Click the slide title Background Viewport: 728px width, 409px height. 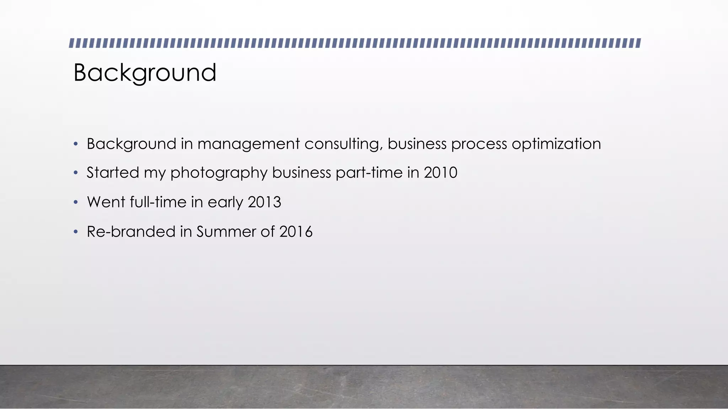tap(145, 73)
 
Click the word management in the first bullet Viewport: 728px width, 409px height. tap(248, 144)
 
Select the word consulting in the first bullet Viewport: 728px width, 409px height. tap(343, 144)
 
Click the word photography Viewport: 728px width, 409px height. tap(219, 173)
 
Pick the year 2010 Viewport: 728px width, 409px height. tap(440, 173)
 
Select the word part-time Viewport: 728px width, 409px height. tap(369, 173)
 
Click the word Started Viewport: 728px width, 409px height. tap(113, 173)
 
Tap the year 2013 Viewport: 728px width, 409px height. tap(264, 202)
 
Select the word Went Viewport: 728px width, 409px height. tap(106, 202)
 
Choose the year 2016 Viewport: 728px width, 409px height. tap(296, 232)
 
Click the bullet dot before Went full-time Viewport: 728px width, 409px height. tap(75, 202)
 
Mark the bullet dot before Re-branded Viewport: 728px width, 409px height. tap(75, 232)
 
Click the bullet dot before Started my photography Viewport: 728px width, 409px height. tap(75, 173)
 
